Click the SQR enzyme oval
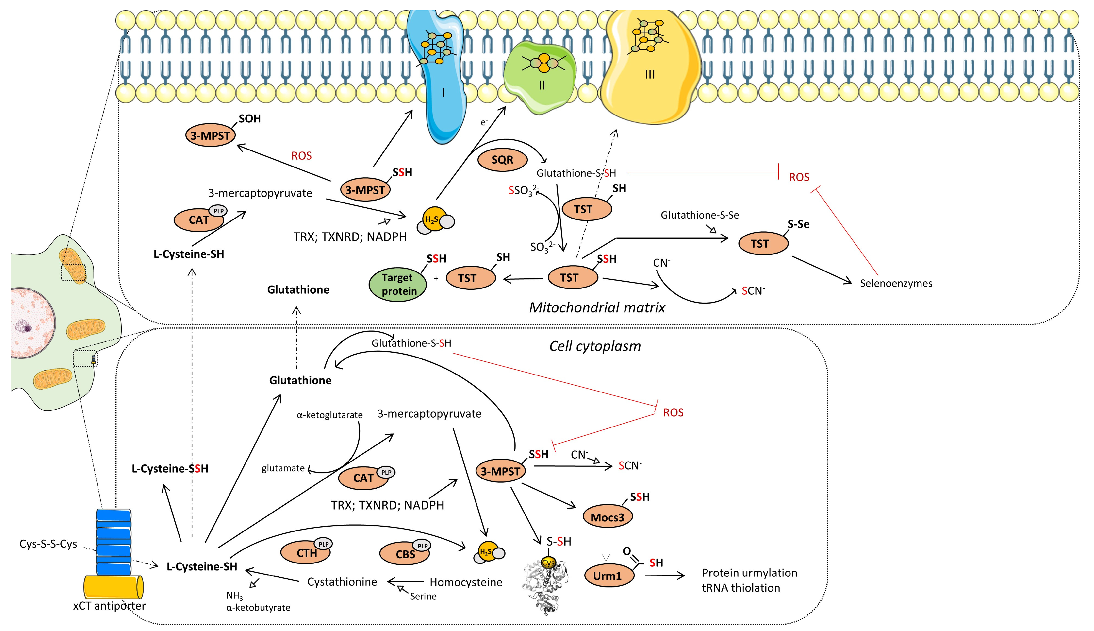(502, 160)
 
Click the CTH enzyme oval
(306, 553)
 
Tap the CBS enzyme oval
(405, 554)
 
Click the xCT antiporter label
(109, 606)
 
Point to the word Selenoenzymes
(896, 283)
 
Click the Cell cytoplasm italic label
(595, 346)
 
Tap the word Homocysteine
(466, 582)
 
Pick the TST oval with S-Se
(763, 244)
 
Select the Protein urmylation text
(749, 573)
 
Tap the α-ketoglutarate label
(329, 415)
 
